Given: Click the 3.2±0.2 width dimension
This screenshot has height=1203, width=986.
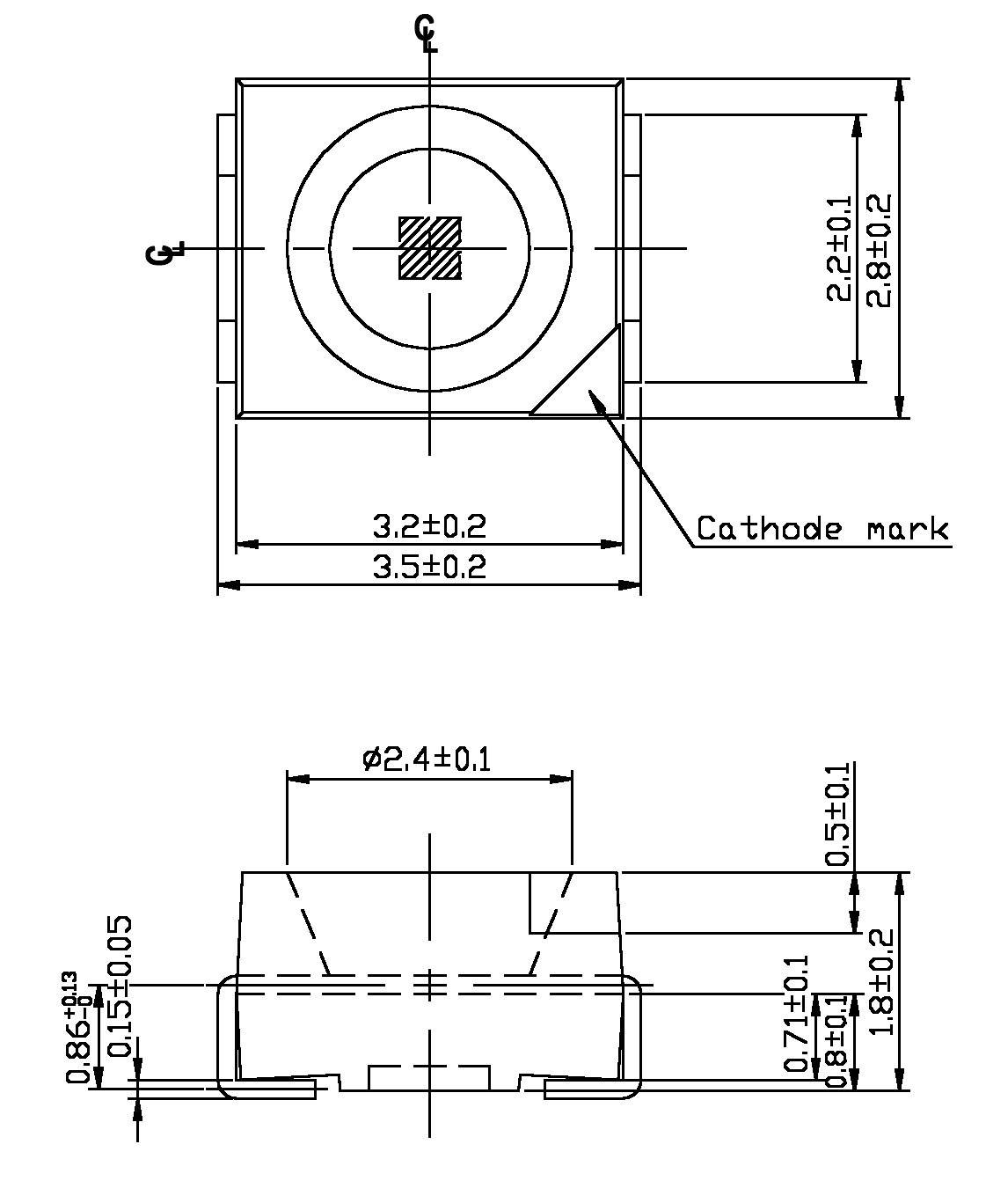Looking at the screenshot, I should pos(429,526).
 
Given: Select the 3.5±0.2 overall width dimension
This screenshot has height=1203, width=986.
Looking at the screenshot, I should pos(429,566).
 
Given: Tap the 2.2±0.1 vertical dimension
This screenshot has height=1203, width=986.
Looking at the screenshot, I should pos(839,249).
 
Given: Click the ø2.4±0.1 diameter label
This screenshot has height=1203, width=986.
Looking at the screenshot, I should pos(427,758).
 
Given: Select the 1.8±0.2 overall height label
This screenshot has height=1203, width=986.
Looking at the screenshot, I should pos(881,982).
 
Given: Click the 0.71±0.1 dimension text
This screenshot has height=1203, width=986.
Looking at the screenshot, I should pos(797,1014).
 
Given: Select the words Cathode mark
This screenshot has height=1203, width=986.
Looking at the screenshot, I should pos(822,529).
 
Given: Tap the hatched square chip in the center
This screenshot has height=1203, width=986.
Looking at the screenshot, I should pos(429,249).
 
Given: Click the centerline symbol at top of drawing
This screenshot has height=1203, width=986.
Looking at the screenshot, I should pos(427,33).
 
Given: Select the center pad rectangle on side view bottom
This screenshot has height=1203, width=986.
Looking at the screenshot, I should pos(428,1078).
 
